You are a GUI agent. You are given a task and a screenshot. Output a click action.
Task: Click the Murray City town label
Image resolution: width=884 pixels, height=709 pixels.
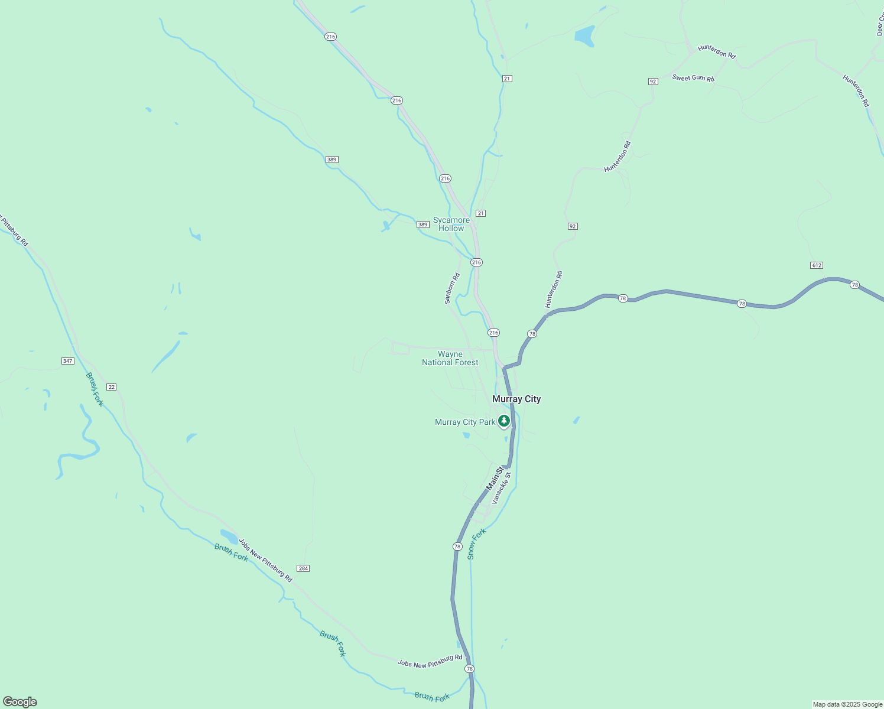coord(516,399)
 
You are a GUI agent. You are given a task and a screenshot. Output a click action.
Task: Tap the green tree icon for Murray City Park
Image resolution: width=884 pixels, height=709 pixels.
coord(504,421)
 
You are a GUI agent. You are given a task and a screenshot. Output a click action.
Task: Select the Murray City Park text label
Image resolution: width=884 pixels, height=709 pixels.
coord(465,422)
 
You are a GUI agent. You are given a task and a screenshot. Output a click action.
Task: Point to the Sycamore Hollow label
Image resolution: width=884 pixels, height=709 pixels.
coord(451,224)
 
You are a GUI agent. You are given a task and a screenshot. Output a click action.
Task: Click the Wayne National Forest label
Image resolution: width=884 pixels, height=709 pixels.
coord(450,359)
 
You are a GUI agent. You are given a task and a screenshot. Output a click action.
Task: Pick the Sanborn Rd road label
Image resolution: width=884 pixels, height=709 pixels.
coord(452,288)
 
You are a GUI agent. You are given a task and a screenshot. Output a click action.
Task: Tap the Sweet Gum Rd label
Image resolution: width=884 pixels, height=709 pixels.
coord(693,77)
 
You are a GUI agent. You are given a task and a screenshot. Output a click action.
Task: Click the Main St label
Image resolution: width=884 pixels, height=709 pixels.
coord(494,478)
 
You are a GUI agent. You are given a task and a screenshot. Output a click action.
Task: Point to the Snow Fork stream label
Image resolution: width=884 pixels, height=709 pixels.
coord(476,544)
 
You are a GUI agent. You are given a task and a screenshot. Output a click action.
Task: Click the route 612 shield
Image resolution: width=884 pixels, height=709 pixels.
coord(817,265)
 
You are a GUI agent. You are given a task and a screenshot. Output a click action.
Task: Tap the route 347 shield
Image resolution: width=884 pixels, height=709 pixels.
coord(67,361)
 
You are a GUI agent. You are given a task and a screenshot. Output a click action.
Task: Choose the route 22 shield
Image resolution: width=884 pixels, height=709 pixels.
coord(111,387)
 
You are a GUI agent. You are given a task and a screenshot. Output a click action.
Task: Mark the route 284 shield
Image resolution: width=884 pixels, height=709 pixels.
coord(303,568)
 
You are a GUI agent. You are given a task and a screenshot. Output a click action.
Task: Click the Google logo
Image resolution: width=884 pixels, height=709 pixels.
coord(19,702)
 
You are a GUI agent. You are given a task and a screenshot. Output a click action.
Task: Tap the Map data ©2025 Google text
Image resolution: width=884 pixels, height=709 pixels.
coord(847,704)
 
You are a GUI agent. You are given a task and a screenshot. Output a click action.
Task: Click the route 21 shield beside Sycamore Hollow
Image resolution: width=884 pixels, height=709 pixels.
coord(481,213)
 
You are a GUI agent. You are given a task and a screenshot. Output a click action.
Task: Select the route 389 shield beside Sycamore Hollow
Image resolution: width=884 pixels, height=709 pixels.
coord(422,225)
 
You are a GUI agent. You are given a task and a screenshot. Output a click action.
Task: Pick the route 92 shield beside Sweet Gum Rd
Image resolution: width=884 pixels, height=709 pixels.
coord(653,82)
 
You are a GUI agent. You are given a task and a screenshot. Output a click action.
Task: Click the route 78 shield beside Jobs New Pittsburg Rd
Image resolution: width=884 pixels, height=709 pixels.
coord(469,669)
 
